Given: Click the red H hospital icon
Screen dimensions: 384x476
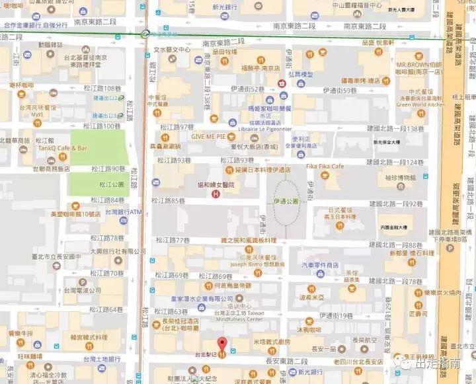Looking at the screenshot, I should tap(215, 194).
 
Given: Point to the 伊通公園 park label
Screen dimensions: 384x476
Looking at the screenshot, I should tap(286, 200).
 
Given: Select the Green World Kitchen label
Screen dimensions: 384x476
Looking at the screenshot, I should tap(420, 104).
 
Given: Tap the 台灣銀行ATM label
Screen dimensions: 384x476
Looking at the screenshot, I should tap(124, 211).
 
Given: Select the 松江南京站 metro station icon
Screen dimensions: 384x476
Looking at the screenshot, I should tap(145, 34).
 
